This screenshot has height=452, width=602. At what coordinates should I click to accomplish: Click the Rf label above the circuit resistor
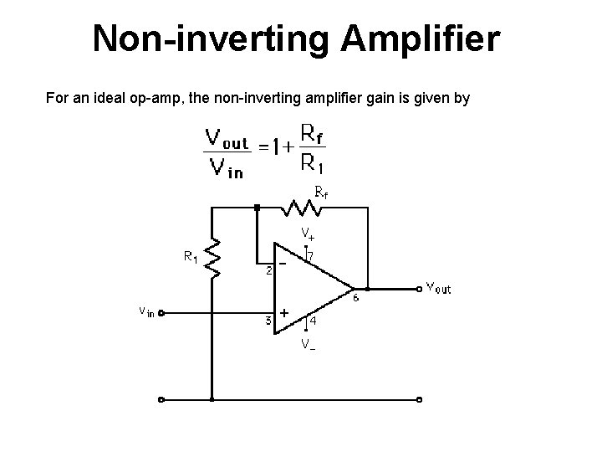(320, 192)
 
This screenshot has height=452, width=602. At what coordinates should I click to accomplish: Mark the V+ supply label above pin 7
(308, 233)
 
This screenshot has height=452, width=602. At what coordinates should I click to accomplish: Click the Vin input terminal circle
(161, 314)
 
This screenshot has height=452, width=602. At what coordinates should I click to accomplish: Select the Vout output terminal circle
(419, 290)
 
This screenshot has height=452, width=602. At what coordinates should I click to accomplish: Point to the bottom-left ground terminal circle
(161, 398)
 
